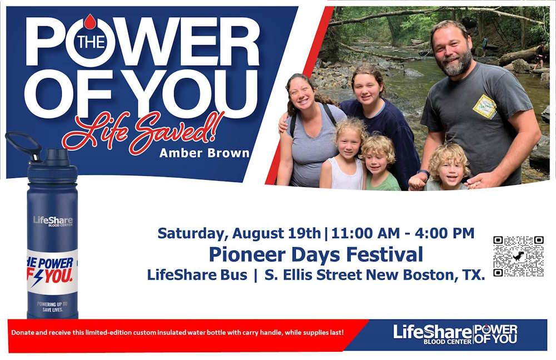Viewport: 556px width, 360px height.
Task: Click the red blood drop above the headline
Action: click(90, 21)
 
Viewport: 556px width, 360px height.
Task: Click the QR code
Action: click(518, 256)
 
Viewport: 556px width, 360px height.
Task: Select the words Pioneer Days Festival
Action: click(316, 254)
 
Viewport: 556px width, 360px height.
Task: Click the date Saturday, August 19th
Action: click(239, 233)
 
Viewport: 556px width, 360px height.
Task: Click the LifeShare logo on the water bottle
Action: click(52, 221)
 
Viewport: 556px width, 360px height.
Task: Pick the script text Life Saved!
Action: click(143, 132)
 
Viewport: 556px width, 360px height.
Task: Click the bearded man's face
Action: click(452, 50)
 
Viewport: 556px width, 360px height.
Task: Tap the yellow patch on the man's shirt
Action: click(485, 106)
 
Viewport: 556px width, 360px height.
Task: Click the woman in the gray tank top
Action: click(306, 134)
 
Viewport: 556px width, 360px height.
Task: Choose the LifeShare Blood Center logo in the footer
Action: click(433, 334)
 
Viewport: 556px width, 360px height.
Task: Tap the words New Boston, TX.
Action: click(439, 275)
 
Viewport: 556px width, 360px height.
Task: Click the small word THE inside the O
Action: click(90, 42)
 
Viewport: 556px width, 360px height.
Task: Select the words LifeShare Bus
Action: click(197, 275)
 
